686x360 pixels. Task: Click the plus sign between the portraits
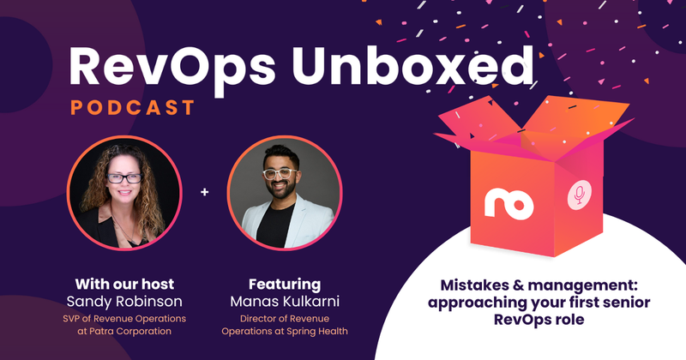[204, 192]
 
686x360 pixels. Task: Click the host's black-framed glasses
[124, 177]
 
